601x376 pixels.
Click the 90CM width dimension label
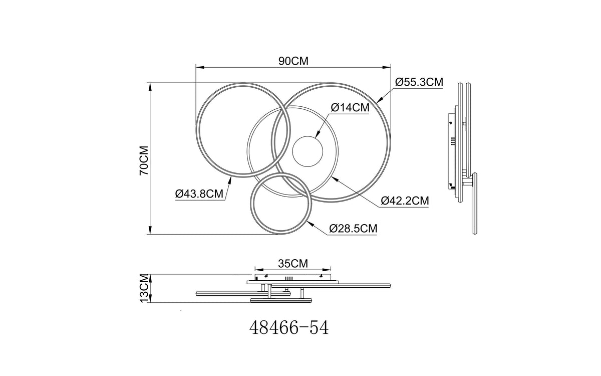(x=293, y=61)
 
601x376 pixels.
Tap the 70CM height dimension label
(x=144, y=160)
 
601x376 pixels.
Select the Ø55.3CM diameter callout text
(x=419, y=82)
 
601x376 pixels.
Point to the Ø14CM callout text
(x=350, y=107)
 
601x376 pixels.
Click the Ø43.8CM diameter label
(x=199, y=194)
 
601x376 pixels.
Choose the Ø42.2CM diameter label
(x=405, y=201)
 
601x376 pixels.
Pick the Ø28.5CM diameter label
(x=353, y=229)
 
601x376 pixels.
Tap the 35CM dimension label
(x=293, y=264)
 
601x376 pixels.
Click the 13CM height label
(x=144, y=288)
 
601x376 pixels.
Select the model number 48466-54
(x=289, y=328)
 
